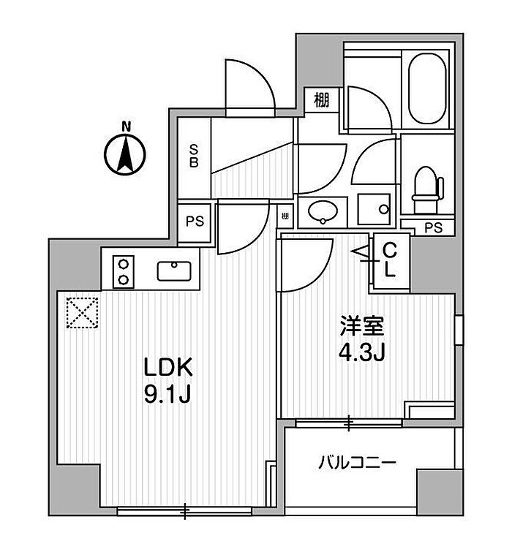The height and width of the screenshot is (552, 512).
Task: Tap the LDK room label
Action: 168,366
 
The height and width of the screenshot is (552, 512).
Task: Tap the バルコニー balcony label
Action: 358,462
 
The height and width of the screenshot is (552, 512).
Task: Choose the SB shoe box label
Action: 195,156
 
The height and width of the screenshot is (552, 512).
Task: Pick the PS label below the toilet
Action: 434,227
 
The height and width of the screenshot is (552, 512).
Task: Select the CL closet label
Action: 391,259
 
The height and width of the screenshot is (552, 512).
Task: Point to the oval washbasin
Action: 322,212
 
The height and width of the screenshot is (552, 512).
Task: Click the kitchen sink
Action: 176,271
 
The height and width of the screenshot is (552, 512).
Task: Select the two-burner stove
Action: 124,271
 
